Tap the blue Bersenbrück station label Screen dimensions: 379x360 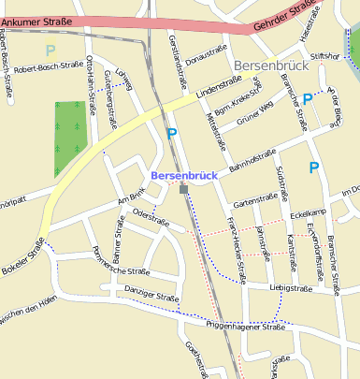click(184, 175)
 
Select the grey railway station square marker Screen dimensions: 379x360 click(184, 190)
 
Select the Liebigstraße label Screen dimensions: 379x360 click(290, 288)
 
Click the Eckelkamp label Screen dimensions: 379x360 click(307, 214)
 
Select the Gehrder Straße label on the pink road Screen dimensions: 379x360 click(284, 18)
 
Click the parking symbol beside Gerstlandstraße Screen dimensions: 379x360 click(171, 134)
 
